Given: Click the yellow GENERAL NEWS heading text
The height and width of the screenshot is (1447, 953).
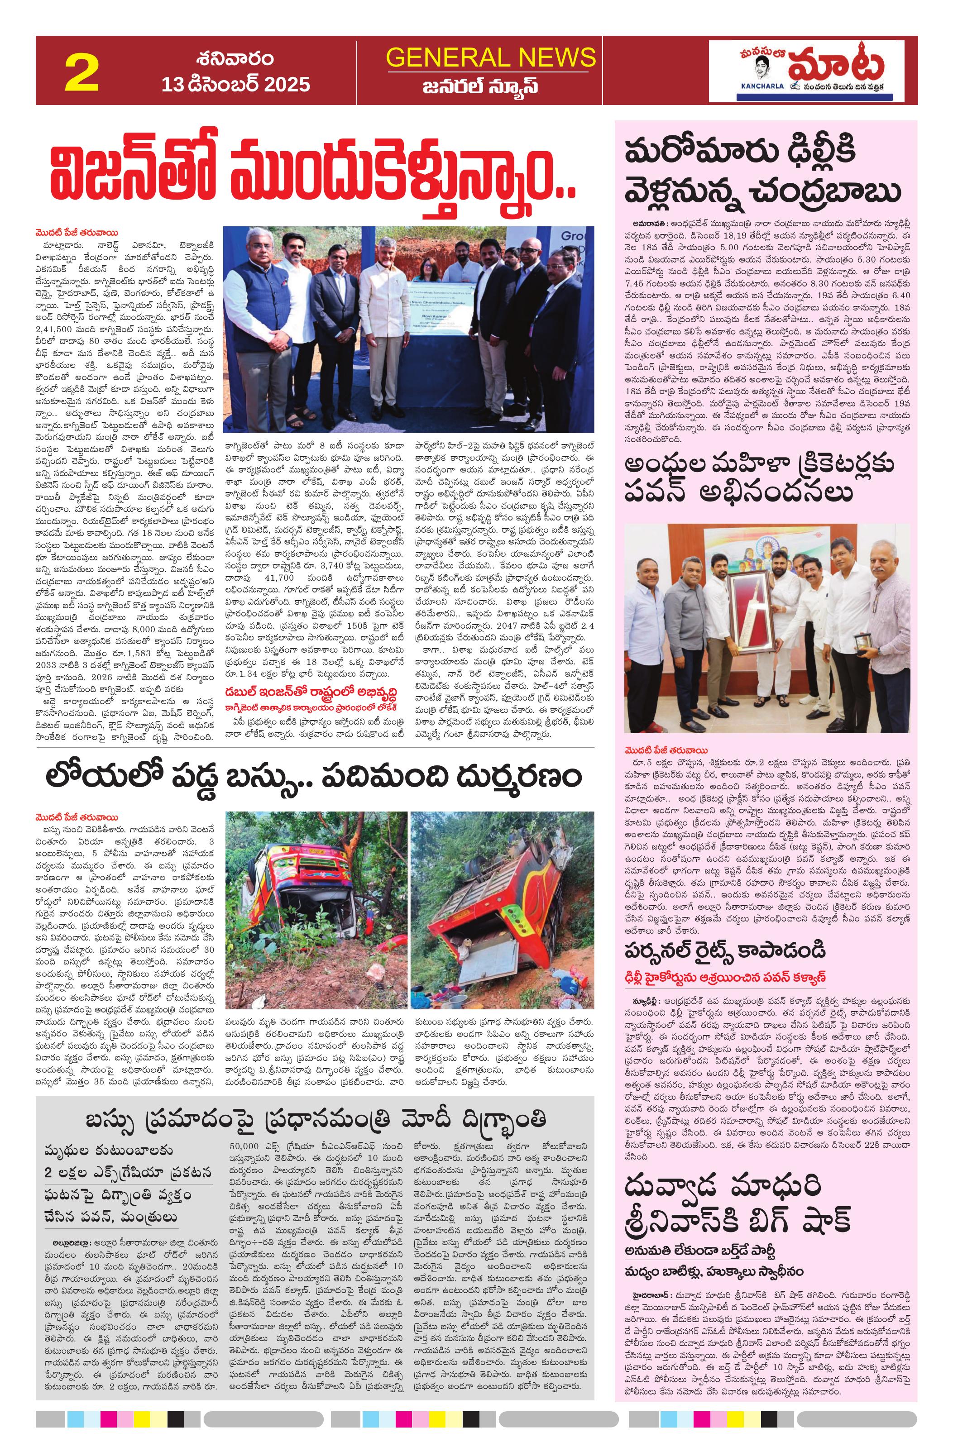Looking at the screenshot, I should pos(490,57).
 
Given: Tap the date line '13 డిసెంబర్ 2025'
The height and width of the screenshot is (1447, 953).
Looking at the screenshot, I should pos(235,84).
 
